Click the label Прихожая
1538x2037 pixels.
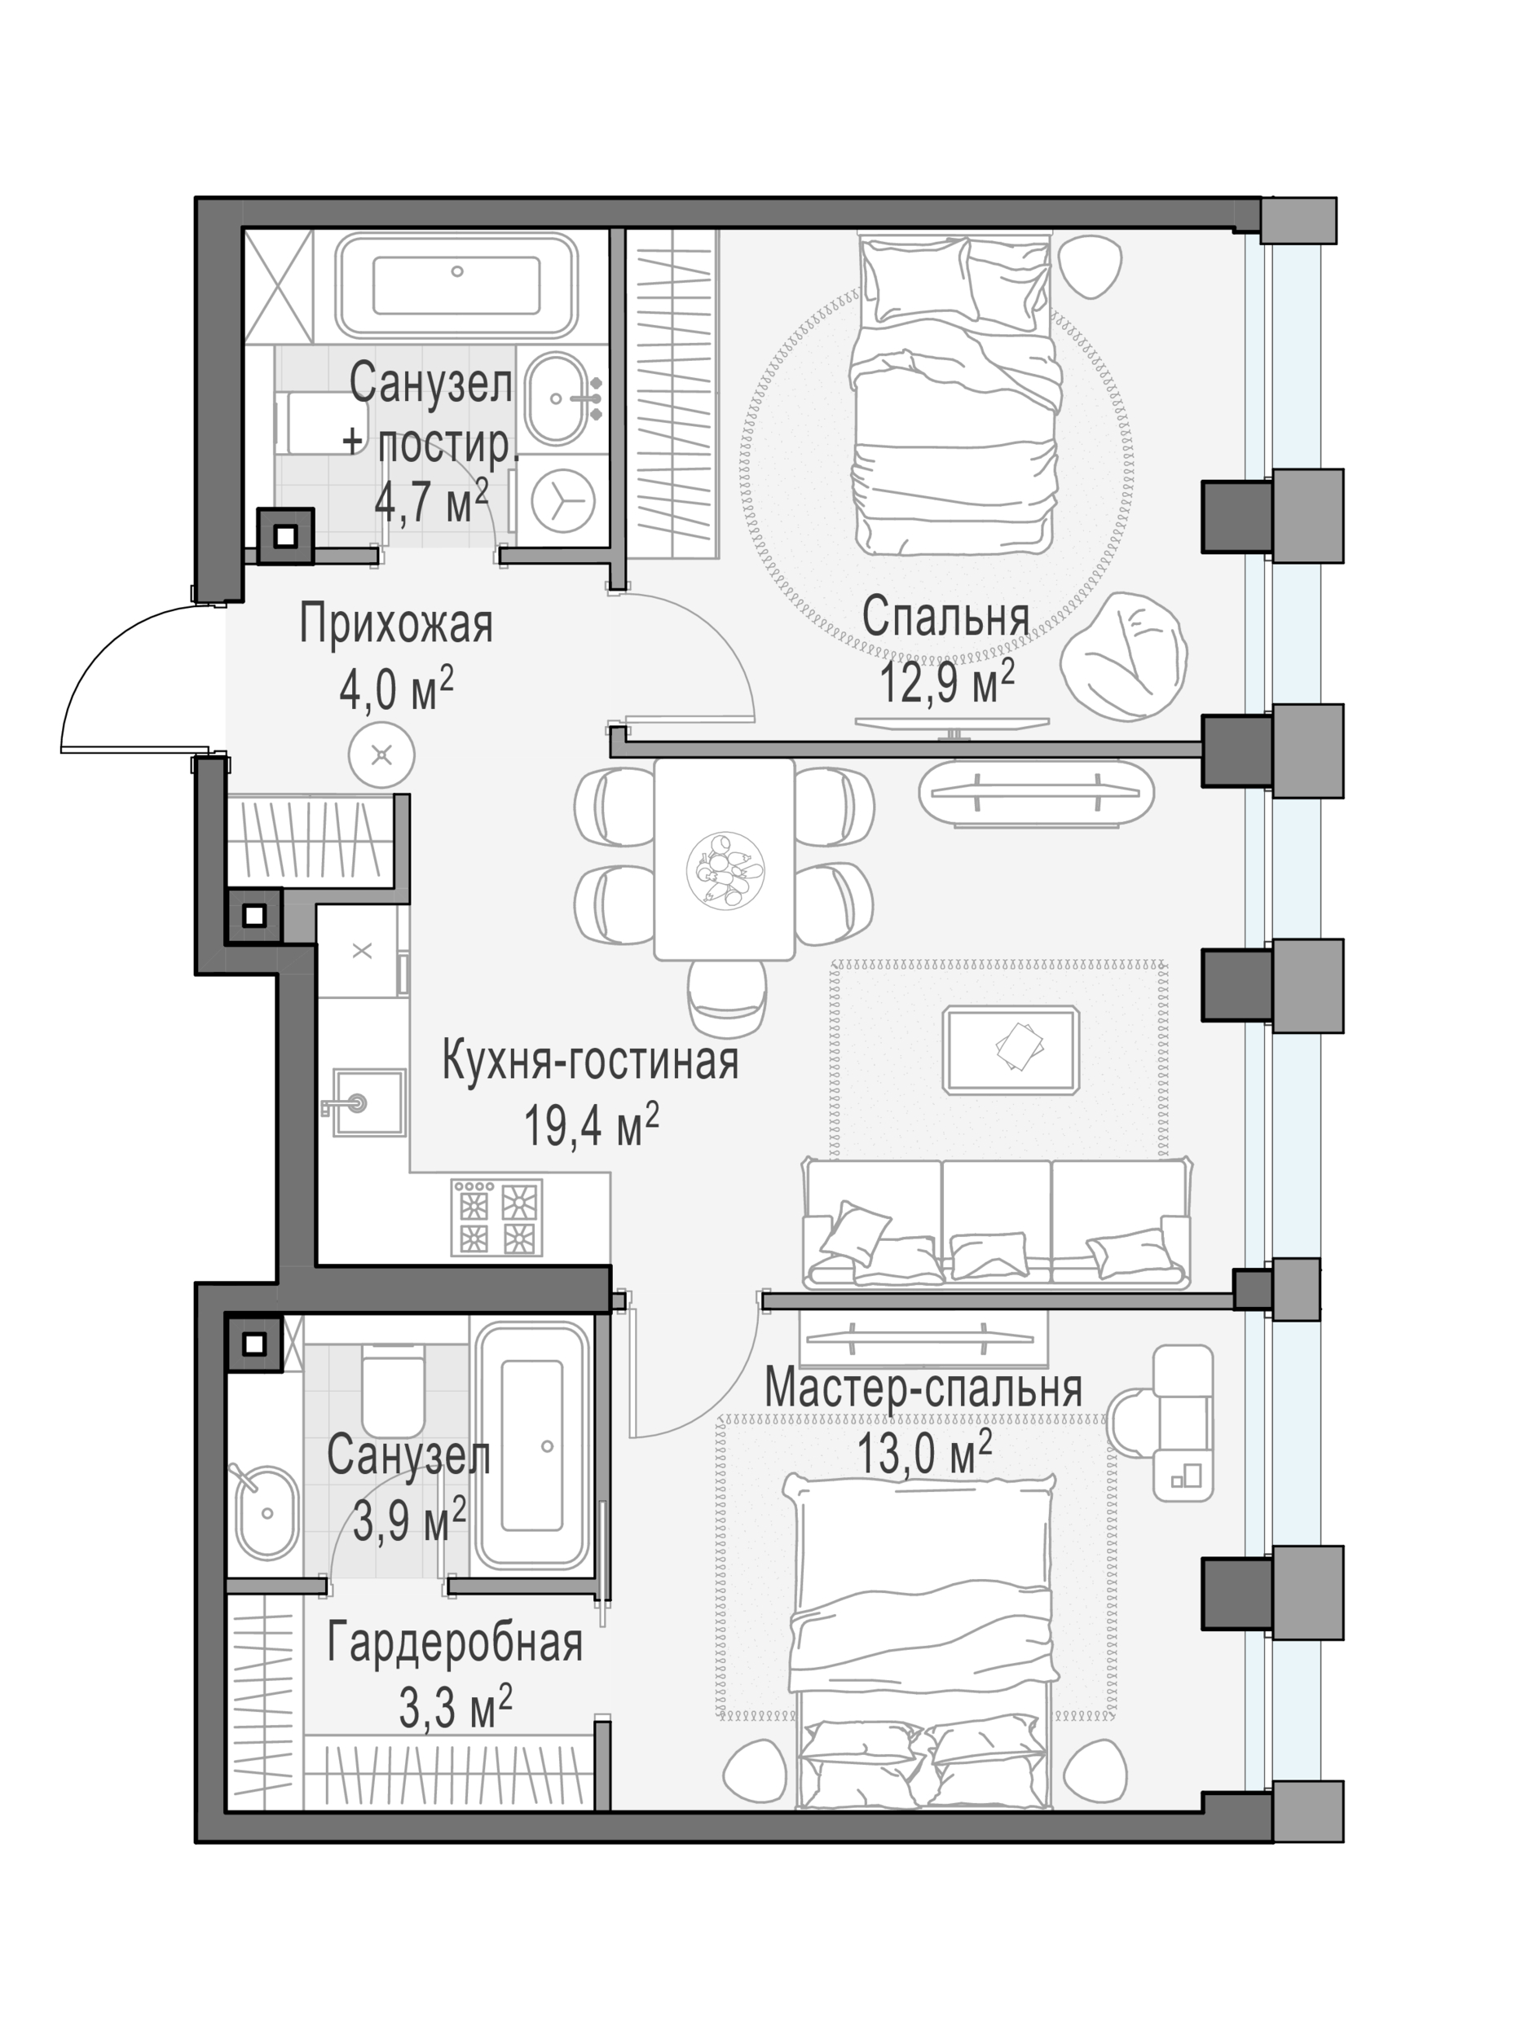click(x=396, y=625)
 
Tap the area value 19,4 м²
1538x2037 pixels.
click(x=591, y=1125)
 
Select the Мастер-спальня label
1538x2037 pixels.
click(x=923, y=1388)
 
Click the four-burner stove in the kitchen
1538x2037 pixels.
click(x=496, y=1217)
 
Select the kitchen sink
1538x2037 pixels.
click(x=367, y=1102)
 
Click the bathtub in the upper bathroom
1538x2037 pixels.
click(x=456, y=284)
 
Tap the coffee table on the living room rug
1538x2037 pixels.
click(x=1011, y=1049)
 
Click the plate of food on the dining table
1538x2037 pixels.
click(x=725, y=870)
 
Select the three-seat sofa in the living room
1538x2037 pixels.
click(x=998, y=1222)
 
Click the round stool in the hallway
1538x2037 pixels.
click(x=381, y=755)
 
